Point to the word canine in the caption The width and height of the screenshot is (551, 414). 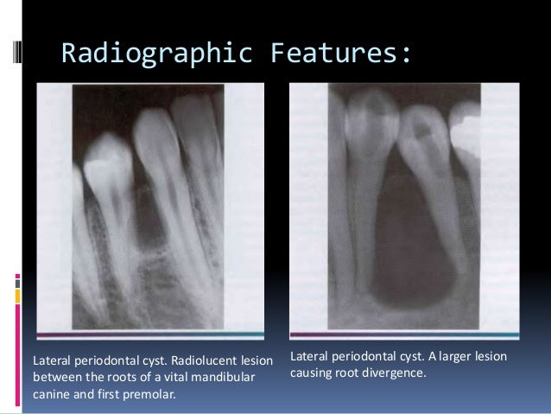click(x=51, y=396)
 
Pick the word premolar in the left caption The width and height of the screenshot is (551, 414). click(x=153, y=396)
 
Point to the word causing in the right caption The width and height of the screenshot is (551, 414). click(x=311, y=375)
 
